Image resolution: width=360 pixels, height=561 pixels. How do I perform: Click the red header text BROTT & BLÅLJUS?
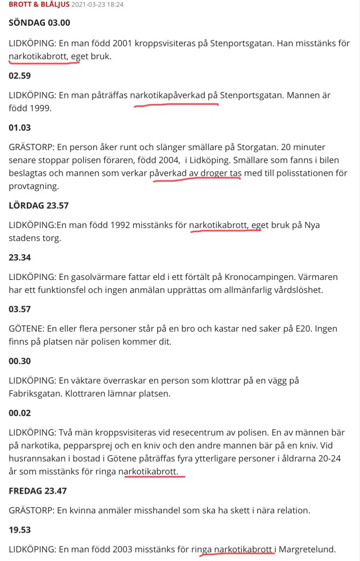tap(39, 4)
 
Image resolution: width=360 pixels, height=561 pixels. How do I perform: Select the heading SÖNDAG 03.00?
tap(39, 23)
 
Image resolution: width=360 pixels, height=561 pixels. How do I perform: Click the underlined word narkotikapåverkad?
tap(168, 95)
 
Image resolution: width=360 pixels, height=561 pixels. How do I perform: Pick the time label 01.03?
tap(20, 128)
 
